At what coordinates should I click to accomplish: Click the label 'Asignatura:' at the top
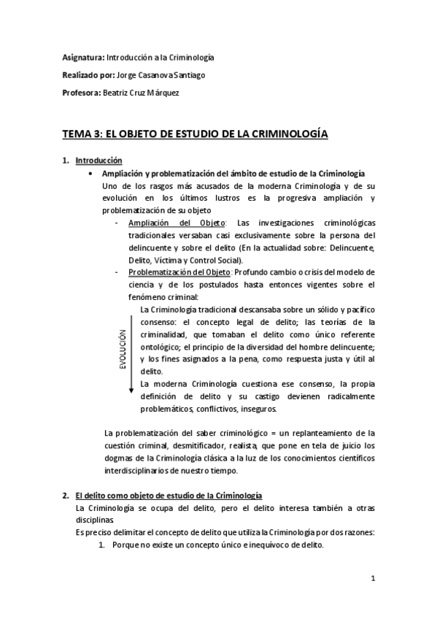tap(82, 57)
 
